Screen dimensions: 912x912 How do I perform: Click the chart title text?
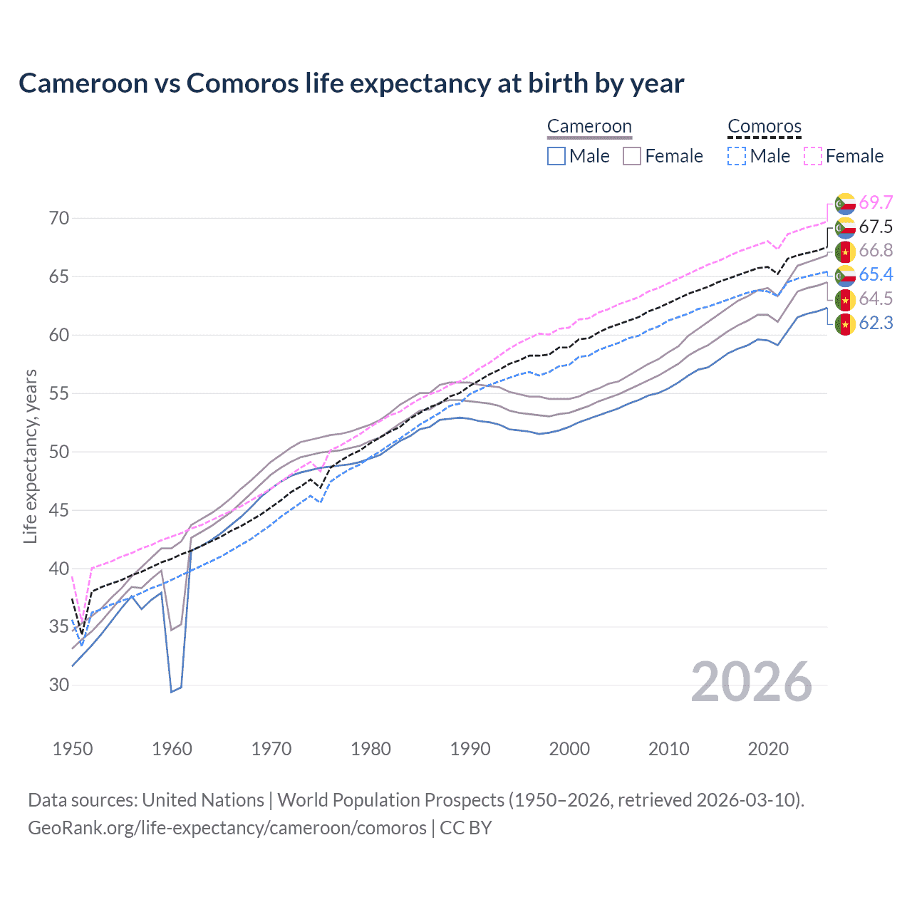coord(351,83)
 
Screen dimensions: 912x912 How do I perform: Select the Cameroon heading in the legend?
coord(589,127)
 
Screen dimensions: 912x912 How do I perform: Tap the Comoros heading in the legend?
coord(765,127)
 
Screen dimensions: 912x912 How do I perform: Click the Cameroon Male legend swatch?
coord(556,156)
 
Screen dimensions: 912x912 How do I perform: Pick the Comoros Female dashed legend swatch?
coord(813,156)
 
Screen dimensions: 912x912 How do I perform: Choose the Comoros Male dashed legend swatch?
coord(737,156)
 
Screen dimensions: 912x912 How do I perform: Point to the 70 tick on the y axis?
coord(59,218)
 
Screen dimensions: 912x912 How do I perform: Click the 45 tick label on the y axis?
coord(59,510)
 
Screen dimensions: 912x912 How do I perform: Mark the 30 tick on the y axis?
coord(59,685)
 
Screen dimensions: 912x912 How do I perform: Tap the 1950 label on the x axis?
coord(73,749)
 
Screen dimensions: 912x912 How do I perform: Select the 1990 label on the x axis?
coord(470,749)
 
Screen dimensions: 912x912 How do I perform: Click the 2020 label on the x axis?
coord(768,749)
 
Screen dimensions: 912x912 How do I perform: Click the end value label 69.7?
coord(876,203)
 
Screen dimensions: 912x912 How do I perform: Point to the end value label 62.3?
coord(876,323)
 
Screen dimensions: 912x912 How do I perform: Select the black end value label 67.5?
coord(876,227)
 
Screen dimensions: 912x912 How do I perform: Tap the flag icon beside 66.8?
coord(845,252)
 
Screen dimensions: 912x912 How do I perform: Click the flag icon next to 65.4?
coord(845,275)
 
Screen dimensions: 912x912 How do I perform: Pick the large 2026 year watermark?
coord(752,682)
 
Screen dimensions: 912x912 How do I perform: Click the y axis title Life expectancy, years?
coord(31,456)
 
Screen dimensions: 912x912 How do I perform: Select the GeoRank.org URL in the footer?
coord(227,828)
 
